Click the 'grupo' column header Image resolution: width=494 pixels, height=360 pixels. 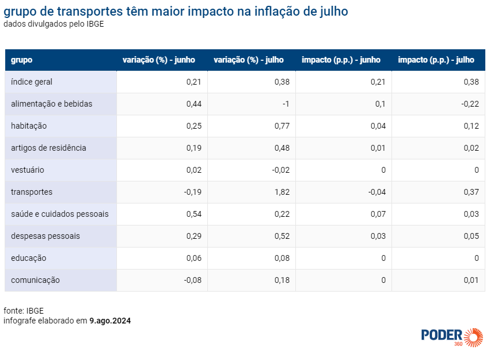tap(21, 60)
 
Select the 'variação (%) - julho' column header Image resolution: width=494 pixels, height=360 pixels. tap(248, 60)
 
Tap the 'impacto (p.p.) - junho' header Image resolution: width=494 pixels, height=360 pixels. tap(341, 60)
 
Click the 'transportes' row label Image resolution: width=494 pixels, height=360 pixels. tap(31, 192)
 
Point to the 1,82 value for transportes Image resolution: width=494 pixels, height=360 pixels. tap(282, 192)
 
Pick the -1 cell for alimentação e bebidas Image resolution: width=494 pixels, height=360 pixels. tap(286, 104)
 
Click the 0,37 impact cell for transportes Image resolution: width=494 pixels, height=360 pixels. tap(471, 192)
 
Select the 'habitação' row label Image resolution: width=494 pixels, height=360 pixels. tap(29, 126)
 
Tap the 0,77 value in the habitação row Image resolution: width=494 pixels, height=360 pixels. tap(282, 126)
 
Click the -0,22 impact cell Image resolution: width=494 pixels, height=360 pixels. tap(470, 104)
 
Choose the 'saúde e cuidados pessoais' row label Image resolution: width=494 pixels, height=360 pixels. tap(60, 214)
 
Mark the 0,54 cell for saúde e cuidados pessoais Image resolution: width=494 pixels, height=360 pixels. tap(194, 214)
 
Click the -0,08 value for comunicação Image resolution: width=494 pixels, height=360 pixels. tap(192, 280)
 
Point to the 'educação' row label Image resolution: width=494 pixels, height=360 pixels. tap(28, 258)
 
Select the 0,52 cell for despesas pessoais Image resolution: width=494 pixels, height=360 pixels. tap(282, 236)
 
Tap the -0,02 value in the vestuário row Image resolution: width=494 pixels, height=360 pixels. tap(281, 170)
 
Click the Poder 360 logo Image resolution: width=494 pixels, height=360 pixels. tap(452, 337)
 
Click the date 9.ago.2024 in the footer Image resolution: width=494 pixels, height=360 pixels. tap(110, 321)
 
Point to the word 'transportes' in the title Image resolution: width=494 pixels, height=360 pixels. tap(90, 12)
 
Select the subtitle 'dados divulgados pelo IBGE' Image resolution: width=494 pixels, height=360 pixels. tap(53, 24)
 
